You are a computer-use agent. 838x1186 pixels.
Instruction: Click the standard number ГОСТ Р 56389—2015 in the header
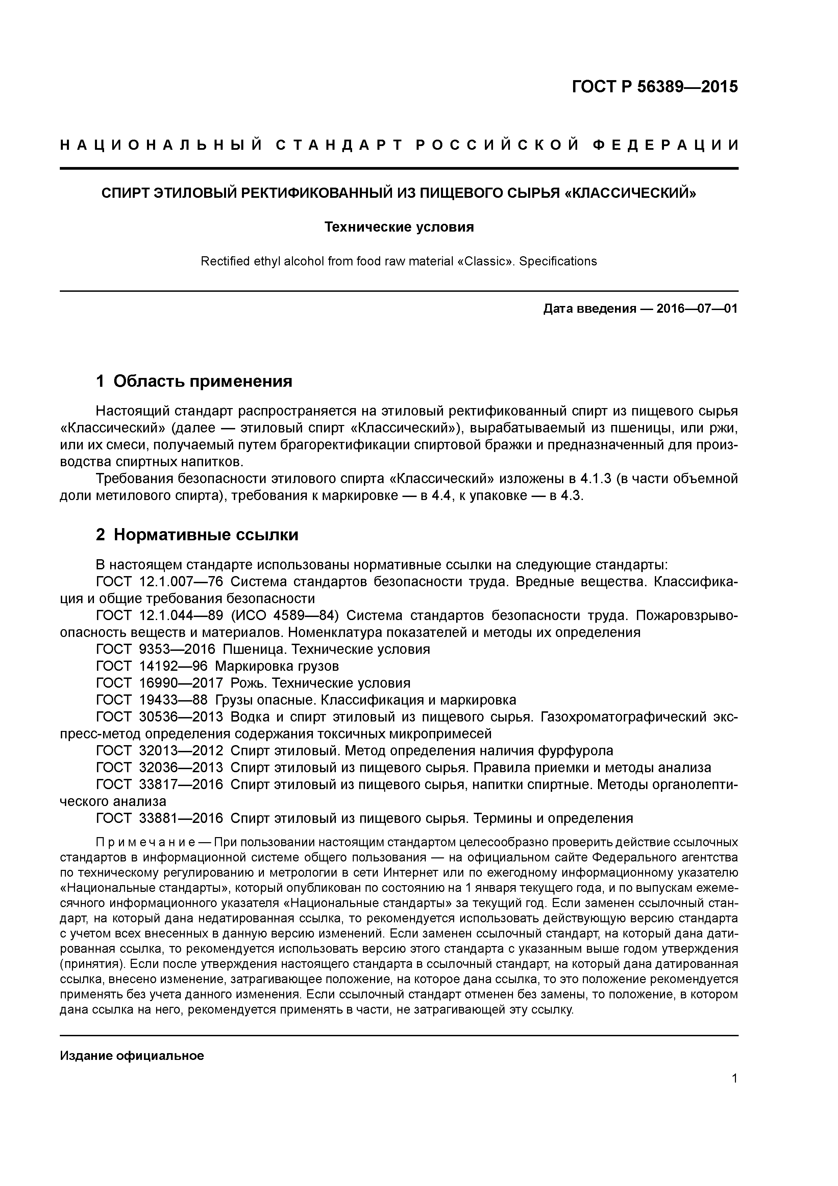coord(655,87)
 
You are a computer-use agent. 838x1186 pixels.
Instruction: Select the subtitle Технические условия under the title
coord(399,227)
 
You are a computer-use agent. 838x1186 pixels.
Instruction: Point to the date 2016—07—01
coord(697,309)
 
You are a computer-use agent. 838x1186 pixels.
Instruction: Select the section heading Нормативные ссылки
coord(205,535)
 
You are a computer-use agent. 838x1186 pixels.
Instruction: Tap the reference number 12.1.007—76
coord(181,582)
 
